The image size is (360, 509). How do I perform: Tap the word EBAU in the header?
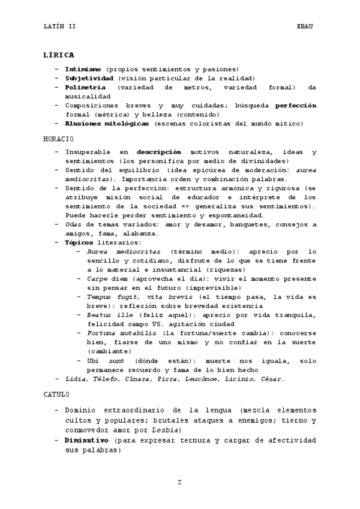tap(305, 26)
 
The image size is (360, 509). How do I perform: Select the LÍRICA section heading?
tap(58, 55)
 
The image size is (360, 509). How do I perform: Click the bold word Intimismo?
tap(83, 70)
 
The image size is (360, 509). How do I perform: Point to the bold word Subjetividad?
tap(89, 79)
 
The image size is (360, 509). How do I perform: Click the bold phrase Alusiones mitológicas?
tap(107, 124)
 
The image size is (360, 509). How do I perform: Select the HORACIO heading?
tap(58, 139)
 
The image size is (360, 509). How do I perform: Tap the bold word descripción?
tap(158, 152)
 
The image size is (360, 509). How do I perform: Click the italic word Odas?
tap(74, 224)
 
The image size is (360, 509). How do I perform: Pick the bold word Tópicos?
tap(79, 242)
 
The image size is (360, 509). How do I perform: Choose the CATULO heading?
tap(56, 395)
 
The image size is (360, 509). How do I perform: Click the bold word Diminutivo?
tap(87, 440)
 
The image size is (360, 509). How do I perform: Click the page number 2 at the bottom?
tap(179, 482)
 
